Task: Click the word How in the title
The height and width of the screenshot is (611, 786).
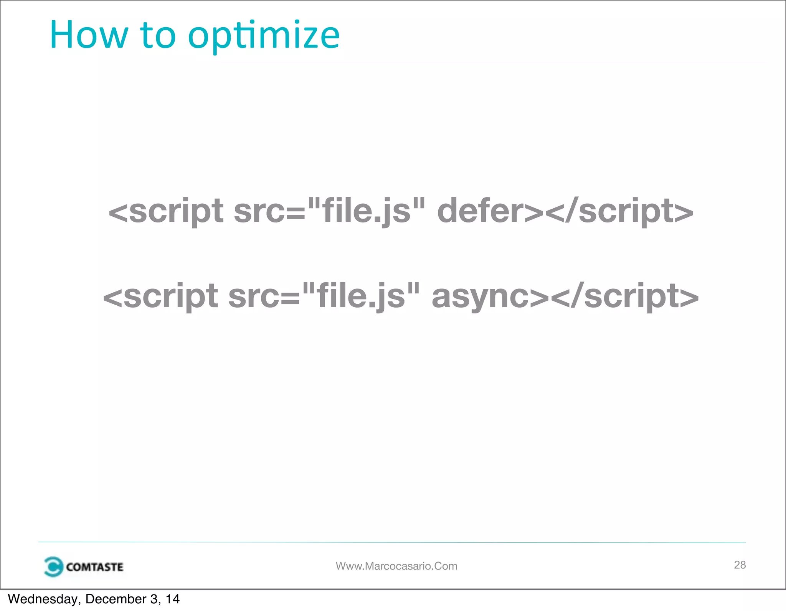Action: [89, 35]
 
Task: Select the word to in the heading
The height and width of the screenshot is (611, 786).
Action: [158, 35]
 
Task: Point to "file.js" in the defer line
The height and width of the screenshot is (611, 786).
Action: [367, 211]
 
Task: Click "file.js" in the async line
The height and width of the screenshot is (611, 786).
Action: [361, 297]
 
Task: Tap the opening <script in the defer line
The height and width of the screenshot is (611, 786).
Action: [166, 212]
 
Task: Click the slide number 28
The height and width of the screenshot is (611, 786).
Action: [740, 565]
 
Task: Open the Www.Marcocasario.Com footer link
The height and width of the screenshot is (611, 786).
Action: [396, 566]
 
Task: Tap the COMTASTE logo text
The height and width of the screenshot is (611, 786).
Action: [94, 567]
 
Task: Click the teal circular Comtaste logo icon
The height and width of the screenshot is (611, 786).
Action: [53, 567]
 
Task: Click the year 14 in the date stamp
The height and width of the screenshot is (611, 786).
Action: [172, 599]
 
